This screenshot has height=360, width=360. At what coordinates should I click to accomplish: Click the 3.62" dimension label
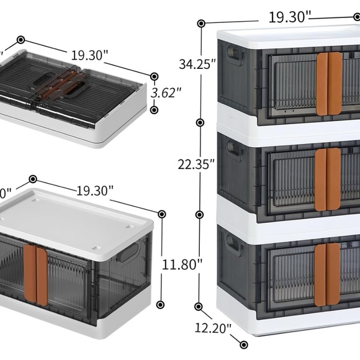(x=166, y=92)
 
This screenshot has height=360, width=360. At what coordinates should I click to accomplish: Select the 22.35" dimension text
(x=197, y=164)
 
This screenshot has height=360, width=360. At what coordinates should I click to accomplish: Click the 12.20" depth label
(x=213, y=327)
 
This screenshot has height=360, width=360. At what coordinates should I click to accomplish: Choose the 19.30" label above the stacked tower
(x=289, y=17)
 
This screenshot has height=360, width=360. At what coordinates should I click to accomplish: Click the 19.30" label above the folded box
(x=89, y=55)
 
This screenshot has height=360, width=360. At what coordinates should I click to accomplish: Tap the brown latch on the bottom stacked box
(x=327, y=274)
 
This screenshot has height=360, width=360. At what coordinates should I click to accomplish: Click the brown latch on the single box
(x=36, y=277)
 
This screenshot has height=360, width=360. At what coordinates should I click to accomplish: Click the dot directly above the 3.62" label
(x=153, y=76)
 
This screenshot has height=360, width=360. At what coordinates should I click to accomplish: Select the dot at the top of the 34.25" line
(x=201, y=24)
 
